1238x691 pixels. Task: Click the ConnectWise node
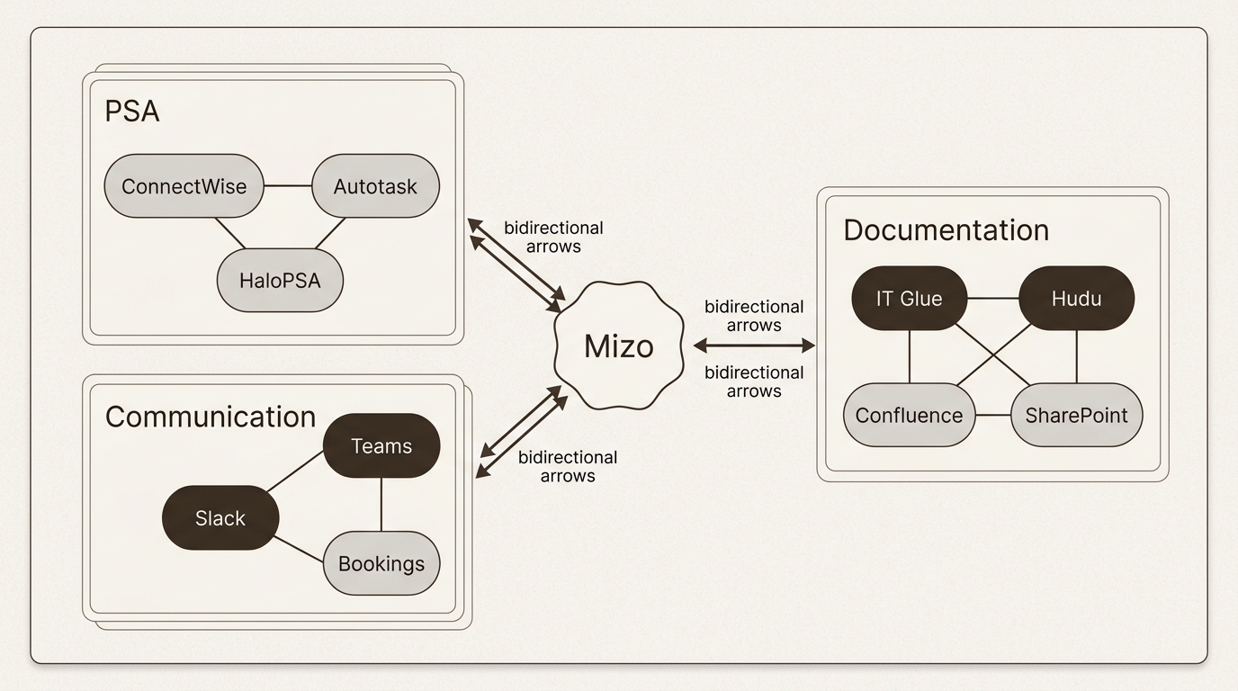[184, 186]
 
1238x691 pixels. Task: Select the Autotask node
[375, 186]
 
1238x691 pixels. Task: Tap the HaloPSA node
[280, 280]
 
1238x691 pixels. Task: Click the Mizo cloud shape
[618, 345]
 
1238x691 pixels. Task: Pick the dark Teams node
[381, 445]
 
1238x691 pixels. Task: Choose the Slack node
[220, 517]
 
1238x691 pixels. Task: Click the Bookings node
[381, 563]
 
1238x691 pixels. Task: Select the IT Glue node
[909, 298]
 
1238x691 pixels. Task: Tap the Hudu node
[1076, 298]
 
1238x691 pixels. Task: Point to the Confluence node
[909, 415]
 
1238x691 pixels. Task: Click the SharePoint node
[1076, 415]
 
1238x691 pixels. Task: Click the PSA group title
[132, 112]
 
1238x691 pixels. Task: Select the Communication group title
[211, 417]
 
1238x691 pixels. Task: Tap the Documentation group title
[946, 229]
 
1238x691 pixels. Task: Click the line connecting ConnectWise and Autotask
[288, 186]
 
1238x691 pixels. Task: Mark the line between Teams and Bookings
[381, 504]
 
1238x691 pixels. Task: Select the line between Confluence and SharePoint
[993, 415]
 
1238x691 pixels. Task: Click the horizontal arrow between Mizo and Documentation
[754, 345]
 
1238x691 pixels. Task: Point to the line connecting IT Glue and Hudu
[992, 298]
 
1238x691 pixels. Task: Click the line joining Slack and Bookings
[299, 550]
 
